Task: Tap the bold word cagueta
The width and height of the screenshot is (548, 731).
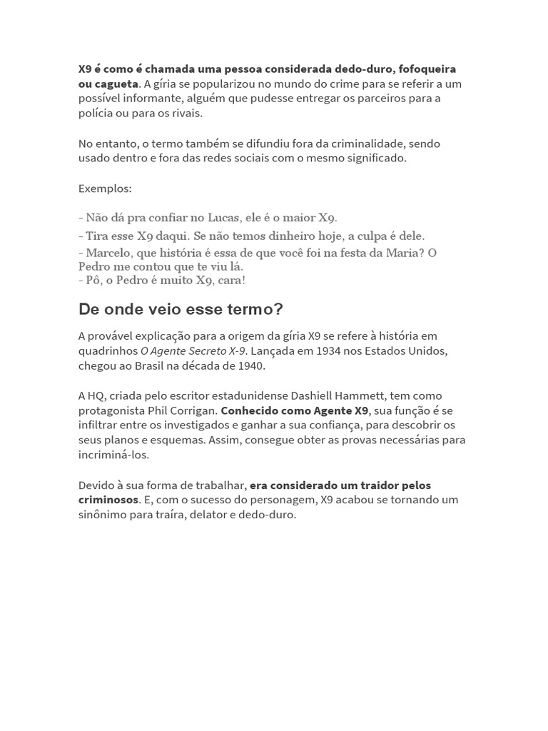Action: click(116, 84)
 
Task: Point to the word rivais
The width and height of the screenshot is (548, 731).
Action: click(186, 113)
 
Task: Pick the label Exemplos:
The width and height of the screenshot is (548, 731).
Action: click(105, 188)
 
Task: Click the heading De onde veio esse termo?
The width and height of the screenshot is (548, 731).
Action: click(181, 309)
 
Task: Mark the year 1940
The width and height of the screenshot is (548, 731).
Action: click(248, 365)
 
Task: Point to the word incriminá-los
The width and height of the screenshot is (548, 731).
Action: click(114, 455)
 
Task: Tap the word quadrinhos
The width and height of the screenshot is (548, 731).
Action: click(107, 351)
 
